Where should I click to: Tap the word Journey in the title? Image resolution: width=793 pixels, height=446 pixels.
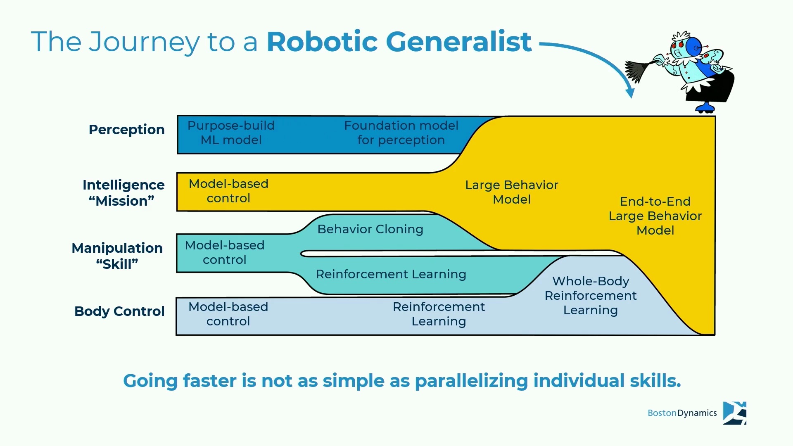[x=144, y=43]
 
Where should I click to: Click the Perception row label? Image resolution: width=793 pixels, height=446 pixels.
[x=126, y=130]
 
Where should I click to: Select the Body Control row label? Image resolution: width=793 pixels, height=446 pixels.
[x=119, y=311]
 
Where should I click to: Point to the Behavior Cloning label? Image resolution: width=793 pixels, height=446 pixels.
[x=370, y=229]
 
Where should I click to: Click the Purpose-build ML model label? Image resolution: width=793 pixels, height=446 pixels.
[x=231, y=133]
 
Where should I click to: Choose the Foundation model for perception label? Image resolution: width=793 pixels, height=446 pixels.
[x=401, y=133]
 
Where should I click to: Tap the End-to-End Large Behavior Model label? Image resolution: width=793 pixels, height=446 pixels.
[x=655, y=216]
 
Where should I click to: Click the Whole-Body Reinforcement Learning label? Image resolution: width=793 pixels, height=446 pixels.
[x=591, y=296]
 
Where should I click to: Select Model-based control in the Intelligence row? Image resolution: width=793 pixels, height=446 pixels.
[x=228, y=191]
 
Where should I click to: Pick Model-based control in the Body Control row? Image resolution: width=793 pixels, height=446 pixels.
[x=228, y=314]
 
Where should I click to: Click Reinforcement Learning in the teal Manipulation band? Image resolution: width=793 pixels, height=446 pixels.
[x=391, y=274]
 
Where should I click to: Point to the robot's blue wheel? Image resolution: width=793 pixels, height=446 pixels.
[x=705, y=109]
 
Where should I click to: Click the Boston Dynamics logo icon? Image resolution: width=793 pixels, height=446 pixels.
[x=734, y=413]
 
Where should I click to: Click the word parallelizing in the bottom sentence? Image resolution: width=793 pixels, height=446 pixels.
[x=471, y=381]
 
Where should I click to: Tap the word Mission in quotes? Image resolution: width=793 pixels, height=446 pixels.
[x=121, y=201]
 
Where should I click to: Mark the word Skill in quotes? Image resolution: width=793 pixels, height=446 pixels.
[x=117, y=264]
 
